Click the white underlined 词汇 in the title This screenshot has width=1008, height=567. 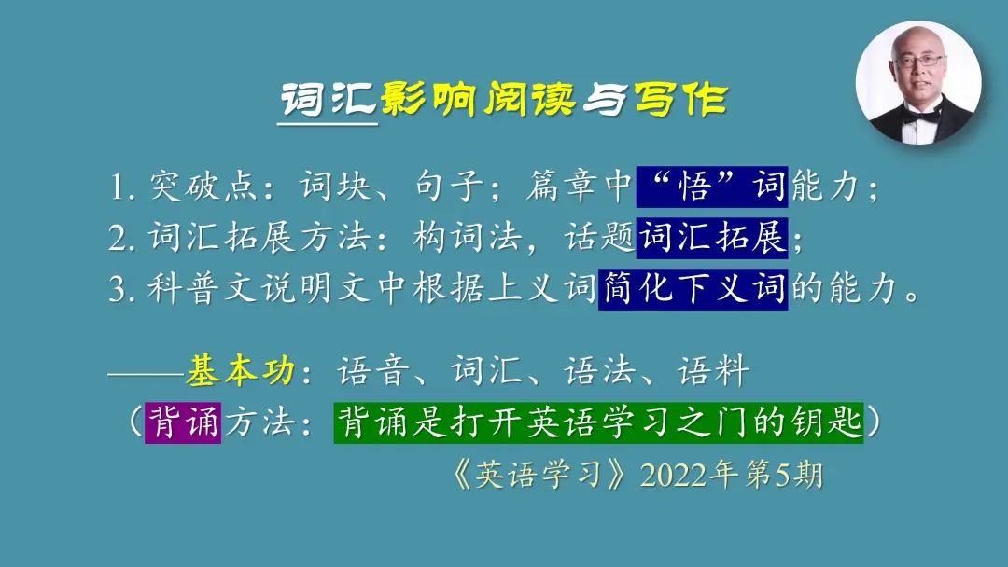[328, 100]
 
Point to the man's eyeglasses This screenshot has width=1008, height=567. [920, 61]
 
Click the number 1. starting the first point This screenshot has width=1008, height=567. [121, 187]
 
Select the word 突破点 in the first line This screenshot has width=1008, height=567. [203, 187]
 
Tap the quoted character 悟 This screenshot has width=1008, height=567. [694, 187]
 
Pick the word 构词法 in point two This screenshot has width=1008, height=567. [468, 237]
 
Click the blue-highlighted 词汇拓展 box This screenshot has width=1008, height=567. [712, 238]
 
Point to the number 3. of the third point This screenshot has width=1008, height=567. [121, 290]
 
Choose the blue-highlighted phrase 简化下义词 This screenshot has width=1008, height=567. [693, 289]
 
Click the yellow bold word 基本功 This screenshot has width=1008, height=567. [241, 371]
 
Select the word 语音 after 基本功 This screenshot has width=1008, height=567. [373, 371]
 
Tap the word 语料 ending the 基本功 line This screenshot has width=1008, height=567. [713, 371]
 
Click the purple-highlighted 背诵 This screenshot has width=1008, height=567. [183, 422]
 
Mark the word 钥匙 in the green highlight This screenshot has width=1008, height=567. [825, 422]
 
